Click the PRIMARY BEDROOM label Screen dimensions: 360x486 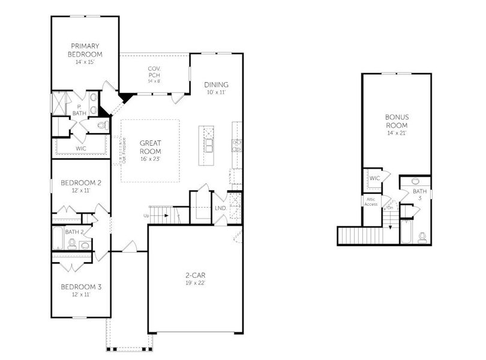(85, 50)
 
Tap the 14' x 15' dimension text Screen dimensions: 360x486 (85, 62)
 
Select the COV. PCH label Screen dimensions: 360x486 (154, 72)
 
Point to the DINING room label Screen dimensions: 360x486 (216, 85)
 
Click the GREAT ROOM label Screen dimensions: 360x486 (150, 147)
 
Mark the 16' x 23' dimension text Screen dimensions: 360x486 (150, 158)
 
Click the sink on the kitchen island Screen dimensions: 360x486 (209, 145)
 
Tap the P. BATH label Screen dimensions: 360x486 (79, 109)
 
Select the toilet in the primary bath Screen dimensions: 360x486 (101, 125)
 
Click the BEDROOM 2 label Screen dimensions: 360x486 (81, 183)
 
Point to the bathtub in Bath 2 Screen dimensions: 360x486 (58, 238)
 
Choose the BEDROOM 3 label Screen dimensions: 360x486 (81, 287)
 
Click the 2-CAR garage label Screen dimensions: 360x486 (196, 275)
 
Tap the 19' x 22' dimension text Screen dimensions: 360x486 (196, 283)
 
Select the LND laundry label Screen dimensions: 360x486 (220, 208)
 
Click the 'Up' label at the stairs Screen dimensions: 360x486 (146, 215)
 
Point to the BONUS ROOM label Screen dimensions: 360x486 (396, 121)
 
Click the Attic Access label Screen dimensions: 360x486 (370, 202)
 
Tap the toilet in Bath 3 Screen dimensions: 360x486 (421, 236)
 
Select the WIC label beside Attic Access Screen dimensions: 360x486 (374, 178)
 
